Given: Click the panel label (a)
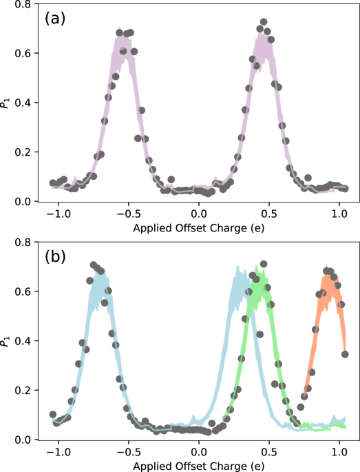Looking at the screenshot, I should click(56, 19).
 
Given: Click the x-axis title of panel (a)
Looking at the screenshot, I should click(199, 227).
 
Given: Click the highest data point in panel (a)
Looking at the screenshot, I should click(264, 22).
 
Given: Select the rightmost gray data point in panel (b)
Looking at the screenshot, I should click(345, 354).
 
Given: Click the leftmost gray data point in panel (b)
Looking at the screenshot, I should click(53, 415).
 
